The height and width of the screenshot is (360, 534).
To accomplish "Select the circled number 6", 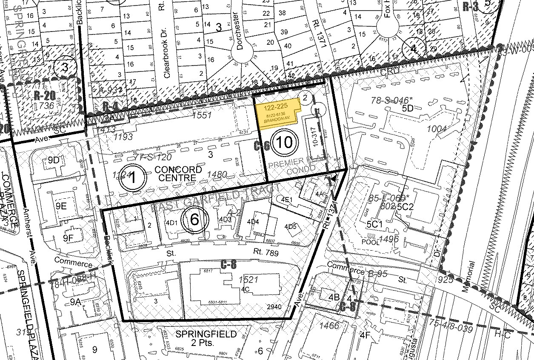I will tap(194, 220).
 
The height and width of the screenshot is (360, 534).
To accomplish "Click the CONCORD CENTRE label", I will tap(178, 173).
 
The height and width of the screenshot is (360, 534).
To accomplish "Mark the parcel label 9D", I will tap(54, 160).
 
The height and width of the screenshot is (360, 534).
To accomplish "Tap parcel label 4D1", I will tap(171, 222).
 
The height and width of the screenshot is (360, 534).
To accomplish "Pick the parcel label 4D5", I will tap(290, 226).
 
